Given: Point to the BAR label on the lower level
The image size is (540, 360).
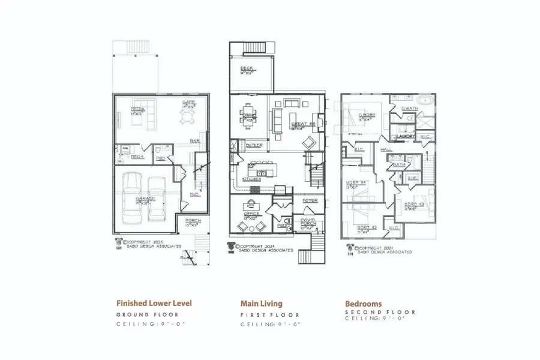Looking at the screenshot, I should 194,141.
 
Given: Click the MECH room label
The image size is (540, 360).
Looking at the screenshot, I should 137,157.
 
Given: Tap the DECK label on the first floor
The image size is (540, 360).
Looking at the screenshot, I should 247,68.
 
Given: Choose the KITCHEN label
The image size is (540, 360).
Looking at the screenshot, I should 251,179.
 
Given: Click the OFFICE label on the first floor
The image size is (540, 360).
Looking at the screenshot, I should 250,214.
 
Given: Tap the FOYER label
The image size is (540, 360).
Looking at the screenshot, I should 309,200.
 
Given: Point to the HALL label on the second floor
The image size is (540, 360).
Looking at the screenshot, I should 386,148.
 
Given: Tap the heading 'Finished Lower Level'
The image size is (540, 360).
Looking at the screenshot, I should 154,304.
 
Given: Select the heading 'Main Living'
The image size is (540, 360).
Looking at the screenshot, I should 261,304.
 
